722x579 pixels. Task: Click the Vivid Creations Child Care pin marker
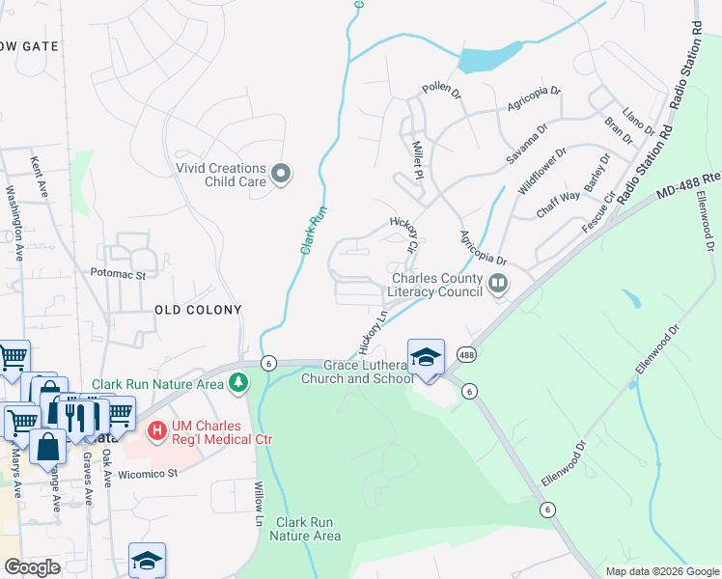tap(281, 174)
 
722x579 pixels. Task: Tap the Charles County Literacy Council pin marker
tap(498, 284)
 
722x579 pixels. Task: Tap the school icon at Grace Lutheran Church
tap(426, 357)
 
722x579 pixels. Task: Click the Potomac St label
tap(118, 274)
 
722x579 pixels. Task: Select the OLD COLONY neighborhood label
tap(198, 309)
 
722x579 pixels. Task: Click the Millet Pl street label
tap(418, 160)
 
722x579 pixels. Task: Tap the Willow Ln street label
tap(259, 503)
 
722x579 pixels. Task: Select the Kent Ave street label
tap(40, 178)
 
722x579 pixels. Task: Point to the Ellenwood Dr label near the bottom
tap(564, 464)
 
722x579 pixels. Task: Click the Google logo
tap(32, 567)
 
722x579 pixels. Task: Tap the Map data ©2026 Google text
tap(661, 570)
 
